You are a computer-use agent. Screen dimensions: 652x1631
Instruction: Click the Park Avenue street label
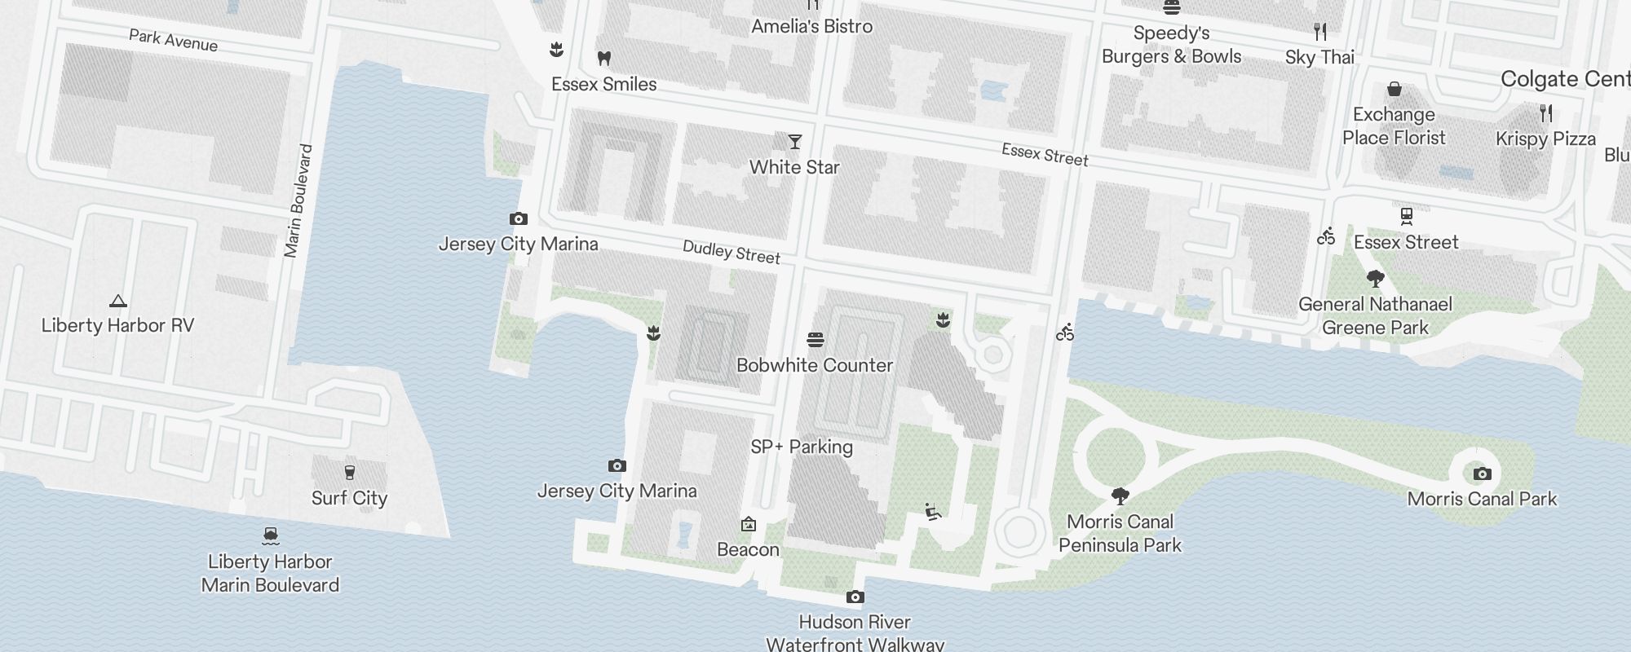(x=173, y=40)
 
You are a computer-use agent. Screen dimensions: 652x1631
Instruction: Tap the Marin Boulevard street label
(x=298, y=200)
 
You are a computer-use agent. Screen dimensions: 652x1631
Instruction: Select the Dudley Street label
(x=731, y=252)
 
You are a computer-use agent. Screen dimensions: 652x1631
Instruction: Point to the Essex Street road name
(x=1045, y=154)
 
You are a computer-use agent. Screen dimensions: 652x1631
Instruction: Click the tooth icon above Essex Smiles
(x=604, y=59)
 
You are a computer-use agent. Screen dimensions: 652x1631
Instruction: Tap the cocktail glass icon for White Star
(x=795, y=142)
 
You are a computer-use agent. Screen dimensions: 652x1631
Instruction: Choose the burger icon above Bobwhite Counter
(x=815, y=340)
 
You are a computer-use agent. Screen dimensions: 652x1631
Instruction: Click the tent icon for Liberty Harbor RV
(x=118, y=301)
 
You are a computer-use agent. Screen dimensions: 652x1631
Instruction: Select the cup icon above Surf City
(x=350, y=473)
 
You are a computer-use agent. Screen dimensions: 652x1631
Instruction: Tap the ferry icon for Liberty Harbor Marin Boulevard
(x=271, y=536)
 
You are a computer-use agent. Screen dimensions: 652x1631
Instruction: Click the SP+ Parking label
(x=802, y=447)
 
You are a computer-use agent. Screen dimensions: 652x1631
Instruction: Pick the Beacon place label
(x=748, y=549)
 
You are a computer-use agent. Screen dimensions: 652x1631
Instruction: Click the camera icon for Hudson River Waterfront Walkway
(x=855, y=597)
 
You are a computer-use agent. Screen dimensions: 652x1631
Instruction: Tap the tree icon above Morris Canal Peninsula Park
(x=1120, y=496)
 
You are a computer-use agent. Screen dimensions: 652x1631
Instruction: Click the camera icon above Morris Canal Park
(x=1483, y=474)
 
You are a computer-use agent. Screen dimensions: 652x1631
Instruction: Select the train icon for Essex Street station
(x=1406, y=217)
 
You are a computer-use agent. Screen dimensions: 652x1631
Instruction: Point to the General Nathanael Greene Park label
(x=1375, y=316)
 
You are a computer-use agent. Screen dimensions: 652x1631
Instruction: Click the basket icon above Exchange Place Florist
(x=1395, y=89)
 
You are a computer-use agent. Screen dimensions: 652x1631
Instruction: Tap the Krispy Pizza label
(x=1545, y=139)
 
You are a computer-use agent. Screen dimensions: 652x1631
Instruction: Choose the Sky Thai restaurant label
(x=1319, y=57)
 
